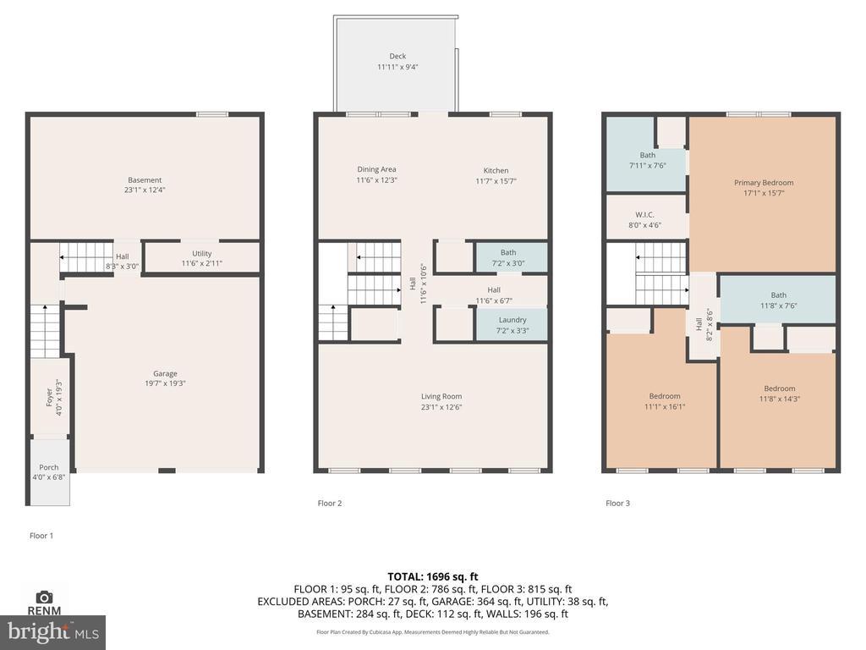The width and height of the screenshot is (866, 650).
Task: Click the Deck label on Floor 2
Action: coord(397,56)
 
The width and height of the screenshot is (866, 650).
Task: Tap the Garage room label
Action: coord(165,373)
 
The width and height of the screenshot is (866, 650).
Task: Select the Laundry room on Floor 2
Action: coord(512,325)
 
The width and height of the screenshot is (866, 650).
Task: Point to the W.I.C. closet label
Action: coord(644,214)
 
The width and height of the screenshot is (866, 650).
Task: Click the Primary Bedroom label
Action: coord(764,183)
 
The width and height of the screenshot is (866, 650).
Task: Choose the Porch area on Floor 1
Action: coord(49,471)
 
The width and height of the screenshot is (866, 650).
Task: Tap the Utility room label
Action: coord(202,253)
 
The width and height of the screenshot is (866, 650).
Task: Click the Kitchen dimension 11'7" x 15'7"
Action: coord(496,181)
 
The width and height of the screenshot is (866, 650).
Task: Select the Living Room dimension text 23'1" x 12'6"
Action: coord(441,407)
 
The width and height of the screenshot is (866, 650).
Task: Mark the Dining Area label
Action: coord(376,169)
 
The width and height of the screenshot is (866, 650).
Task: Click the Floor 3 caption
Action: coord(617,503)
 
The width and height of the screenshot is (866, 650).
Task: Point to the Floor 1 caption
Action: coord(41,536)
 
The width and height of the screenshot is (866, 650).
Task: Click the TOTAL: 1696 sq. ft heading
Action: coord(433,576)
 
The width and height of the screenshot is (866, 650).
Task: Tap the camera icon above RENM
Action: coord(44,597)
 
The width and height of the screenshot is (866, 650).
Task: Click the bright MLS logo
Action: coord(53,632)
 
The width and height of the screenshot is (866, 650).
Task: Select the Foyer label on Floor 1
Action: coord(49,397)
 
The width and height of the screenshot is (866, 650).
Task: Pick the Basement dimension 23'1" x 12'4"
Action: coord(145,190)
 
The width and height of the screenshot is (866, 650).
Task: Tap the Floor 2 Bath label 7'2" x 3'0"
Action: coord(508,257)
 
